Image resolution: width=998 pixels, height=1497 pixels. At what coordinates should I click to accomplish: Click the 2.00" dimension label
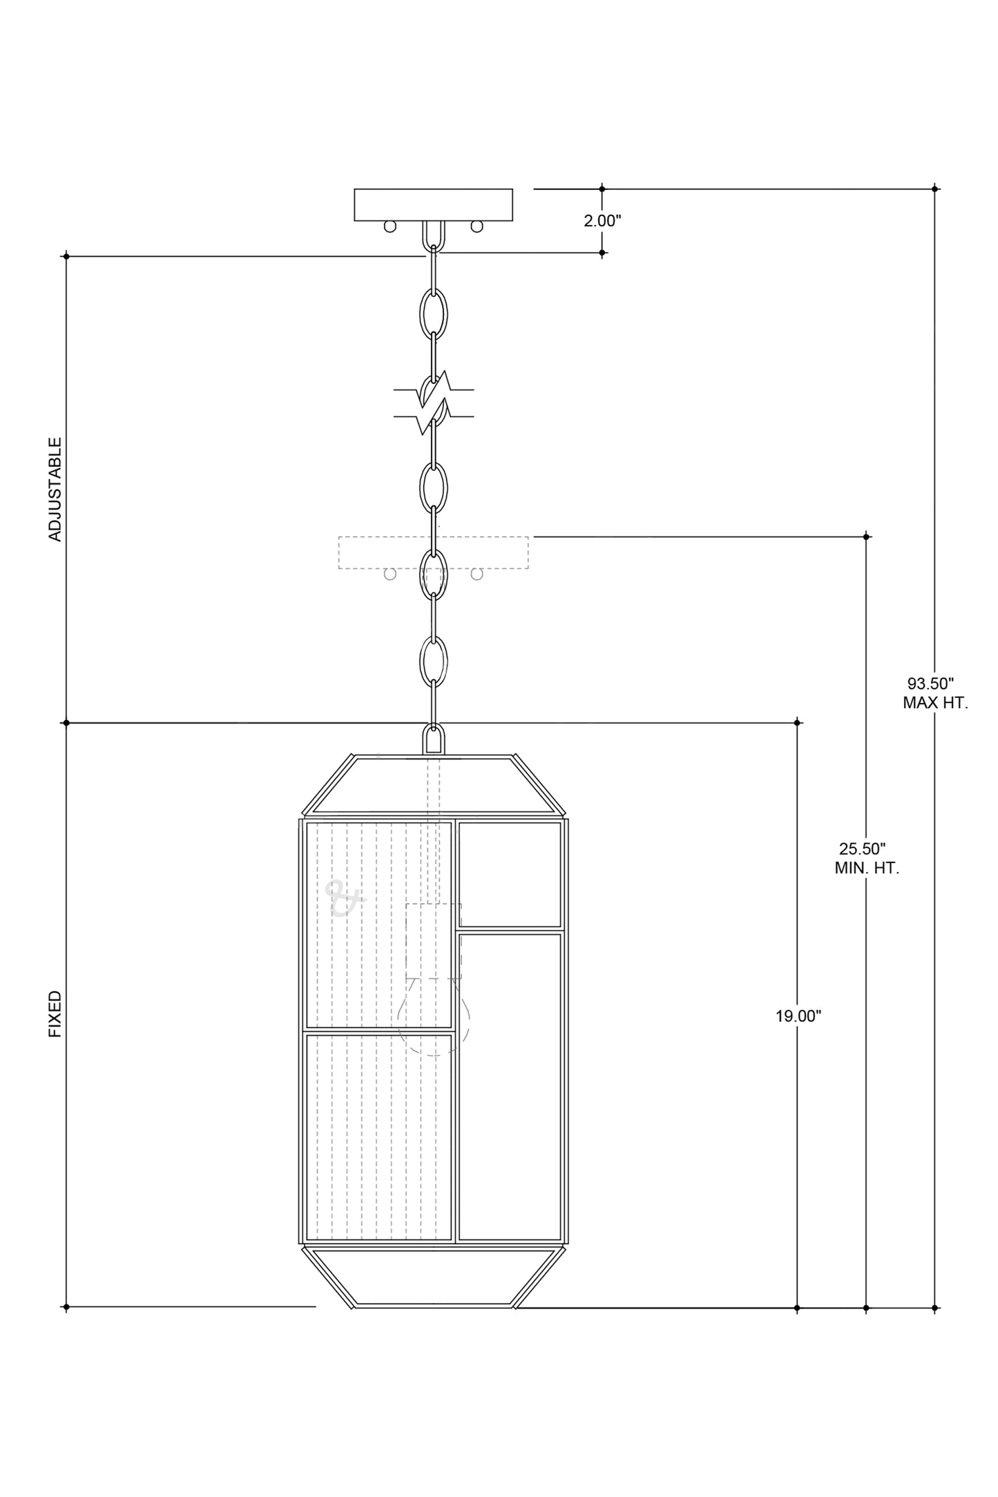602,221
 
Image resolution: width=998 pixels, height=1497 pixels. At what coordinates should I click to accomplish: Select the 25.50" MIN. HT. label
866,859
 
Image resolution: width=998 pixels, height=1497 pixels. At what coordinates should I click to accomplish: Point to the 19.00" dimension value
798,1016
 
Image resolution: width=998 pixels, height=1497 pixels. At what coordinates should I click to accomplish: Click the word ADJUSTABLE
55,489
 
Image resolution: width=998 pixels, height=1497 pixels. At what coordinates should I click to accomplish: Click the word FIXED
55,1014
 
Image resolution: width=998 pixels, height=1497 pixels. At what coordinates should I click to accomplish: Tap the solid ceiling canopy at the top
434,205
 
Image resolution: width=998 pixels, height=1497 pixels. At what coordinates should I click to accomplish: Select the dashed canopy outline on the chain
434,553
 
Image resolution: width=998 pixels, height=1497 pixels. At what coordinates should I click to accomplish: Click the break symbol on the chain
434,404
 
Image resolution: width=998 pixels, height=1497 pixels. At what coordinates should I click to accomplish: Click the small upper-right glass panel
510,874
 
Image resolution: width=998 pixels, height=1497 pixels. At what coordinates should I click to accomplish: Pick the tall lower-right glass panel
510,1087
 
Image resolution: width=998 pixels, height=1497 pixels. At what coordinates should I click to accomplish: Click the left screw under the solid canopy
390,226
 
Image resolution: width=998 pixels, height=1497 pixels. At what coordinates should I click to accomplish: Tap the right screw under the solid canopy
477,226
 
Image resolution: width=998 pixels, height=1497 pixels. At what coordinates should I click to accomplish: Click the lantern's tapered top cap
434,785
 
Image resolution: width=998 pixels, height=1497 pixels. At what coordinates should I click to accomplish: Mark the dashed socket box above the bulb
434,940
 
